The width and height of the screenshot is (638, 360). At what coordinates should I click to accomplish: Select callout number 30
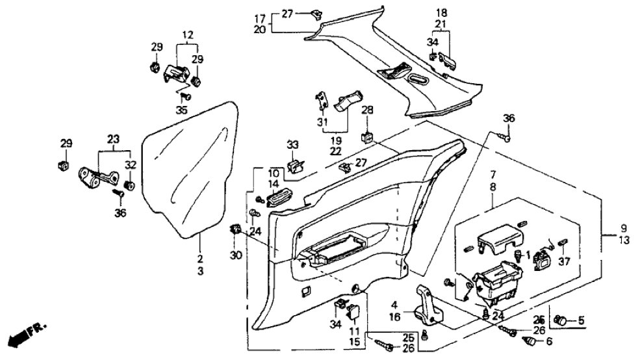(235, 255)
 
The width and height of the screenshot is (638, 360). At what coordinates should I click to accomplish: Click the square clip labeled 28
(367, 138)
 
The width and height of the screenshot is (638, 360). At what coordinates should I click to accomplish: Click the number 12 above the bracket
(188, 34)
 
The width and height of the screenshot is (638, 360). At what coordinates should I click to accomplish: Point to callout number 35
(182, 110)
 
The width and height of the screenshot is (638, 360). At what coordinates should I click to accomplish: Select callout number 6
(549, 341)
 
